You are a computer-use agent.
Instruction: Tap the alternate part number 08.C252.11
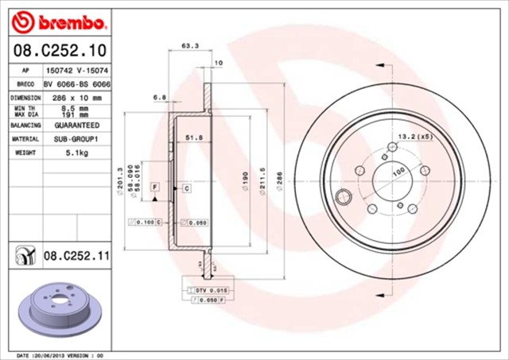point(75,255)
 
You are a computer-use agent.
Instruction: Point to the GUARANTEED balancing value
point(76,126)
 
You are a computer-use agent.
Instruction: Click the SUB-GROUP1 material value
point(76,139)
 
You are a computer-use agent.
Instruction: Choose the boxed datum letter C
point(186,188)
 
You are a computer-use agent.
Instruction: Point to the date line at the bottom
point(61,355)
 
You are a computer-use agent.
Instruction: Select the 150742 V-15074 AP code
point(76,71)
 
